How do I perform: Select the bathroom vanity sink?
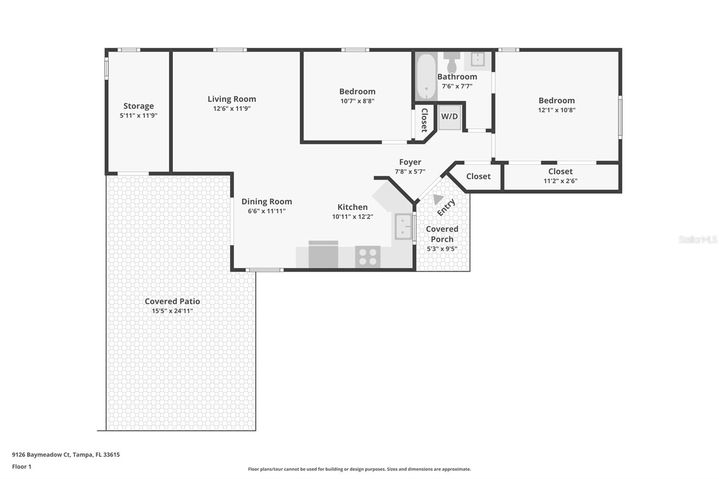click(477, 59)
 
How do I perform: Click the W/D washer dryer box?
click(449, 117)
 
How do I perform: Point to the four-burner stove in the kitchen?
click(368, 257)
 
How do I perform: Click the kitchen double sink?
click(403, 226)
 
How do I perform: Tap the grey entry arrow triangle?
click(437, 199)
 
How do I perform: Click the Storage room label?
click(138, 106)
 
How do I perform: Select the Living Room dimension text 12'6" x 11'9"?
click(232, 109)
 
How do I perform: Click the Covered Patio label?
click(172, 302)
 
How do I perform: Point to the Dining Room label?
click(266, 202)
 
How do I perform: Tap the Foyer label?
click(410, 162)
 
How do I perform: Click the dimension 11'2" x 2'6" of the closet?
click(560, 181)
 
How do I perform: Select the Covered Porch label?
click(442, 234)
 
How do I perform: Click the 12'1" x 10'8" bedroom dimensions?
click(556, 110)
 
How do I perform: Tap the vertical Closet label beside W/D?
click(424, 120)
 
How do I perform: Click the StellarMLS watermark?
click(697, 240)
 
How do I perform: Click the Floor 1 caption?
click(22, 467)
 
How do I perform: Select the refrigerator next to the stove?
click(323, 255)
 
